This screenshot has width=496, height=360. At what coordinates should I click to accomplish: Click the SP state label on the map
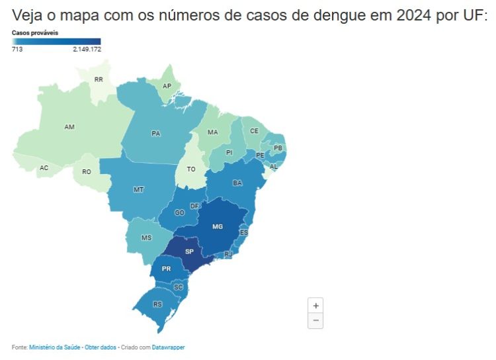pyautogui.click(x=189, y=252)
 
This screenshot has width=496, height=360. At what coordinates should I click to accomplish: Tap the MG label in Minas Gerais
pyautogui.click(x=218, y=226)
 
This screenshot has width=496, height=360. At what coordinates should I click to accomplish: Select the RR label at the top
pyautogui.click(x=99, y=79)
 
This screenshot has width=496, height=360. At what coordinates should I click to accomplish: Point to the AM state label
pyautogui.click(x=69, y=126)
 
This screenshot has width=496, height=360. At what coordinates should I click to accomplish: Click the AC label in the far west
pyautogui.click(x=44, y=167)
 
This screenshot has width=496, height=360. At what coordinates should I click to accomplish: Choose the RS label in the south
pyautogui.click(x=157, y=304)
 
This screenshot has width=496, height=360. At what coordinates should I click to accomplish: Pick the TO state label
pyautogui.click(x=191, y=169)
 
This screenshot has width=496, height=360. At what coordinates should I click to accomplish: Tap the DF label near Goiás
pyautogui.click(x=194, y=206)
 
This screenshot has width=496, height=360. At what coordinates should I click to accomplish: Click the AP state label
pyautogui.click(x=167, y=86)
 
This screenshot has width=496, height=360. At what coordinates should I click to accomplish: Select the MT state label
pyautogui.click(x=139, y=189)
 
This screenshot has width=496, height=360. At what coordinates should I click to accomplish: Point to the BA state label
pyautogui.click(x=237, y=183)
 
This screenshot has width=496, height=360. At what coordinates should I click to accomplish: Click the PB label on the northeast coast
pyautogui.click(x=278, y=148)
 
